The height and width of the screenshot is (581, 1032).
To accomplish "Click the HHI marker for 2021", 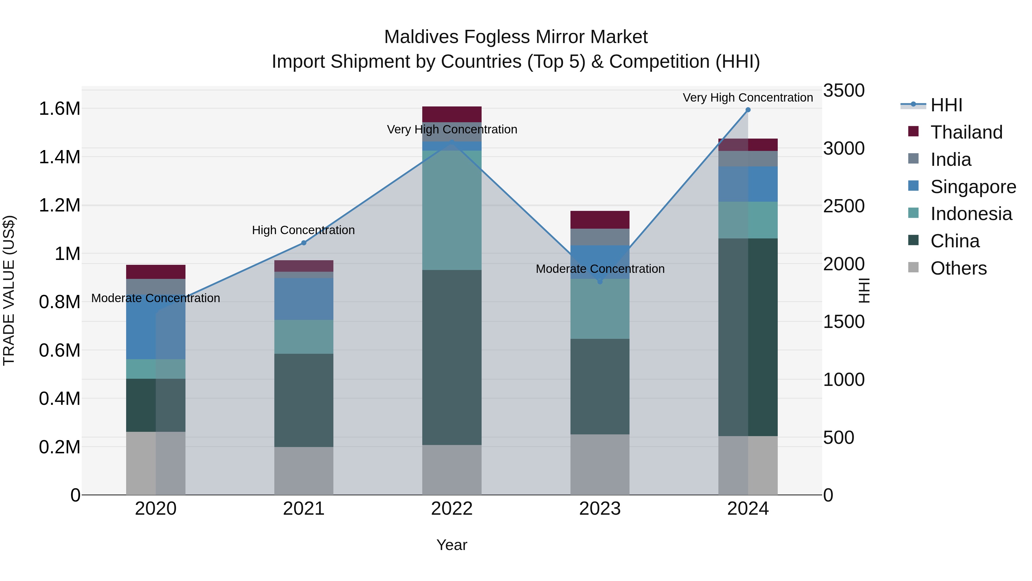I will [x=304, y=242].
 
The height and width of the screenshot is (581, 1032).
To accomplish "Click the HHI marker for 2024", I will [x=748, y=110].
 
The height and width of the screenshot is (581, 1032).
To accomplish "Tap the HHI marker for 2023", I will [x=600, y=282].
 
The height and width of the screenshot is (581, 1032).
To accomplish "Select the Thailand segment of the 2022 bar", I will [x=451, y=114].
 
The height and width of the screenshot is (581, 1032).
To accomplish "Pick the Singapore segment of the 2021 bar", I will [x=304, y=299].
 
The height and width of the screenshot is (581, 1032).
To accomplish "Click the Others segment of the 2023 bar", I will [x=600, y=464].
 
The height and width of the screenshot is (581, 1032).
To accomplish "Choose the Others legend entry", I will [x=958, y=268].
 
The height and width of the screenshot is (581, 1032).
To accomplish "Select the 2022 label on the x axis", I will [x=451, y=509].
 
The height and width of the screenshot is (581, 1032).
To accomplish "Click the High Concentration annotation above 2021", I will [x=303, y=230].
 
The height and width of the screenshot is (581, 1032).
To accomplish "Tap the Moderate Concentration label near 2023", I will [x=600, y=269].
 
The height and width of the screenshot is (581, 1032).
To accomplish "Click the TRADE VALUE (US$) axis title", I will [x=9, y=290].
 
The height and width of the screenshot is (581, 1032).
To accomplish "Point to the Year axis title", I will [x=451, y=545].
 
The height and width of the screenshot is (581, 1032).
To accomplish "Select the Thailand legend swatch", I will [x=913, y=131].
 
